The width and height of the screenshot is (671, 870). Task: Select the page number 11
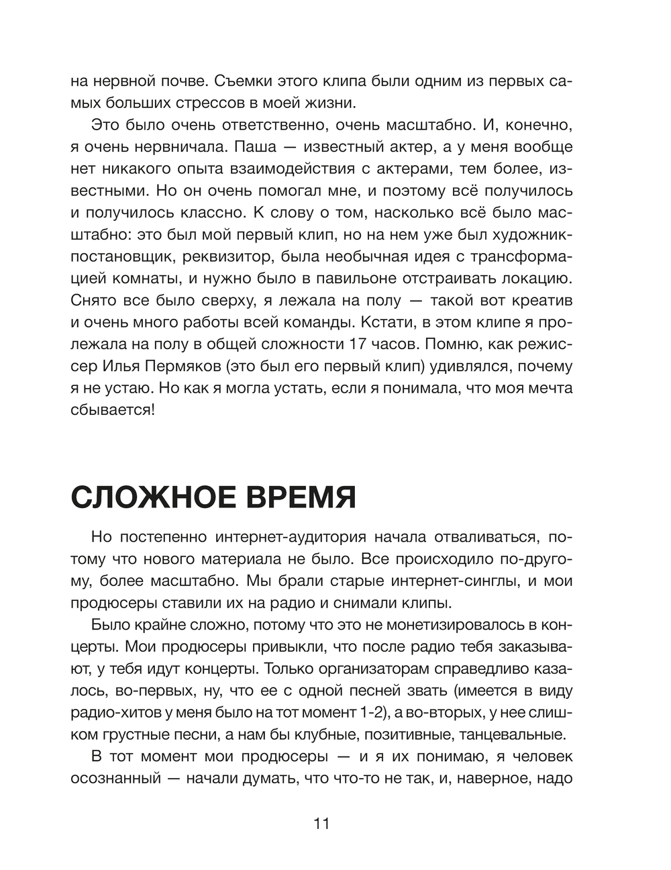321,824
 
